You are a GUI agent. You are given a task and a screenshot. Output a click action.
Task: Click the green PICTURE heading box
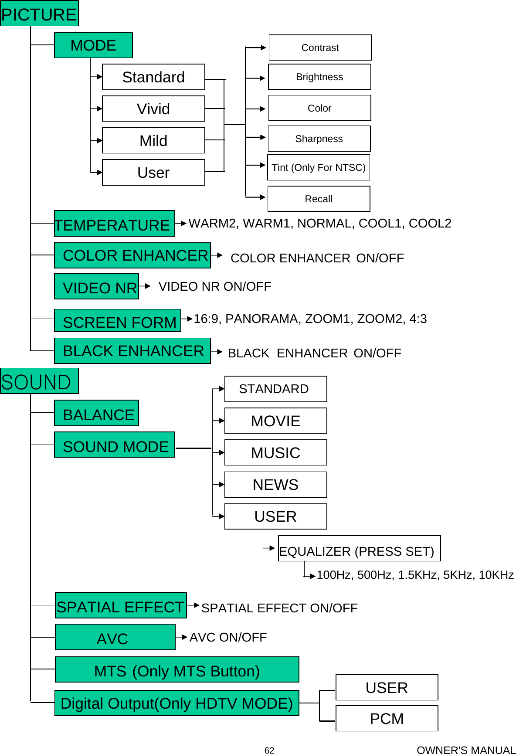coord(39,14)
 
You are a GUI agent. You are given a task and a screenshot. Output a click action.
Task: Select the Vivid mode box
coord(153,109)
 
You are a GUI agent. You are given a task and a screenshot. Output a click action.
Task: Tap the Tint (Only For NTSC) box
coord(319,168)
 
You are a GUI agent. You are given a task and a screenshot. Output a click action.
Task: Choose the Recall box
coord(319,199)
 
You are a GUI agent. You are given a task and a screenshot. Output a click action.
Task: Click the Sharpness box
coord(319,139)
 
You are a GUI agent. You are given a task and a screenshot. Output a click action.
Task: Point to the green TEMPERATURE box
coord(114,224)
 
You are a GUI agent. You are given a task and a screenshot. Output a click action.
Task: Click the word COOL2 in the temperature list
coord(430,224)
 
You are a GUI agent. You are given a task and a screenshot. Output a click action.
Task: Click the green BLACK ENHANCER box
coord(132,351)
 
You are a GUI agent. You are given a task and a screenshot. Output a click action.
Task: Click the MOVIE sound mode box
coord(275,421)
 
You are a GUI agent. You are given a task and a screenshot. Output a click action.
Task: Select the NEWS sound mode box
coord(275,485)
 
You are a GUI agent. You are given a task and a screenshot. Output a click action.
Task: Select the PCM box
coord(387,719)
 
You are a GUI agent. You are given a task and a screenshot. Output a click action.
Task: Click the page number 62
coord(269,750)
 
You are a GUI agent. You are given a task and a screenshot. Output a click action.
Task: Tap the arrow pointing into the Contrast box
coord(262,48)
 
